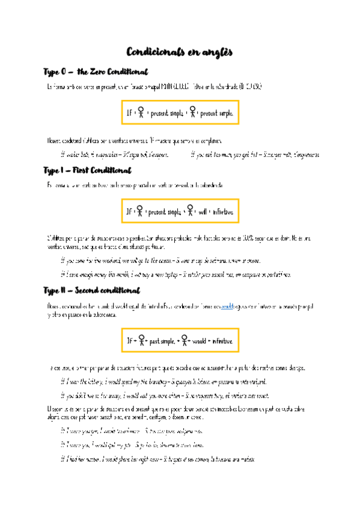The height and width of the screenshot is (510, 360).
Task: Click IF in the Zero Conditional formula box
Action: coord(129,112)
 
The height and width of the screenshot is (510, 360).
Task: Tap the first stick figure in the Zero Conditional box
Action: coord(141,112)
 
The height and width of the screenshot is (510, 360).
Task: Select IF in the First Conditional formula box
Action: coord(129,212)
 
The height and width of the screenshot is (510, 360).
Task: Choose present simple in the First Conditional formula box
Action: coord(164,212)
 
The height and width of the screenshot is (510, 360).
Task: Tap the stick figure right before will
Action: coord(190,211)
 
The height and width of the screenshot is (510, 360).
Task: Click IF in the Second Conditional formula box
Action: coord(130,340)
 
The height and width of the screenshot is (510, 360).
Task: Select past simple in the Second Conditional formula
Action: coord(162,340)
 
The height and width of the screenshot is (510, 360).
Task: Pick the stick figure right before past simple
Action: coord(142,340)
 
